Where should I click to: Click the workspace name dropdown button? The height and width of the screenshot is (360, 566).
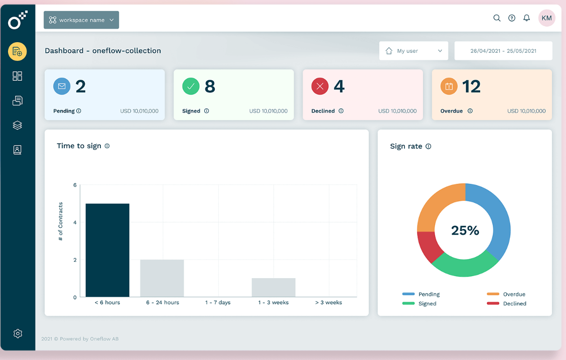click(x=81, y=20)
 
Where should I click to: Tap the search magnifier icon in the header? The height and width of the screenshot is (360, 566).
click(x=497, y=18)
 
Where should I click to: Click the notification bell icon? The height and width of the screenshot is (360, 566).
click(x=526, y=18)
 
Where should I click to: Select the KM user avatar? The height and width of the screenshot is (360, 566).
click(x=546, y=18)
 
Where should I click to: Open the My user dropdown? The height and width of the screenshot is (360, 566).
click(x=413, y=51)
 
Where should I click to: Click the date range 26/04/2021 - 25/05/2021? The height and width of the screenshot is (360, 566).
click(x=503, y=51)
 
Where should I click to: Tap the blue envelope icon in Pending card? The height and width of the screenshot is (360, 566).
click(x=62, y=86)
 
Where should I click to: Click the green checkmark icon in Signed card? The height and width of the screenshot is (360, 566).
click(x=191, y=86)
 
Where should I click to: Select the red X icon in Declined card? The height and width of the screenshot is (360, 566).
click(x=320, y=86)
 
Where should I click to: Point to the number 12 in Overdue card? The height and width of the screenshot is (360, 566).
click(x=471, y=86)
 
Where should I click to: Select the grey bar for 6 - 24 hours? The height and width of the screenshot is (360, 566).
click(x=162, y=278)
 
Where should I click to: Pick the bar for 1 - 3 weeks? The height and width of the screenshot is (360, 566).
click(x=273, y=287)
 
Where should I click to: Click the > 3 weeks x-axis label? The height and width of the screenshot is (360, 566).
click(x=329, y=302)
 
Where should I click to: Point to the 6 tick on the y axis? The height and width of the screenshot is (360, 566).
click(x=75, y=185)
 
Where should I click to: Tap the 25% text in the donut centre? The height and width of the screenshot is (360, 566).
click(x=465, y=230)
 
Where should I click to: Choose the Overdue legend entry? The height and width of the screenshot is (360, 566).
click(x=506, y=294)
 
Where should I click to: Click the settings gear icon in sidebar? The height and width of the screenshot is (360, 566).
click(x=18, y=333)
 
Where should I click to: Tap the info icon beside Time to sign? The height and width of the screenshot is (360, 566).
click(x=107, y=146)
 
